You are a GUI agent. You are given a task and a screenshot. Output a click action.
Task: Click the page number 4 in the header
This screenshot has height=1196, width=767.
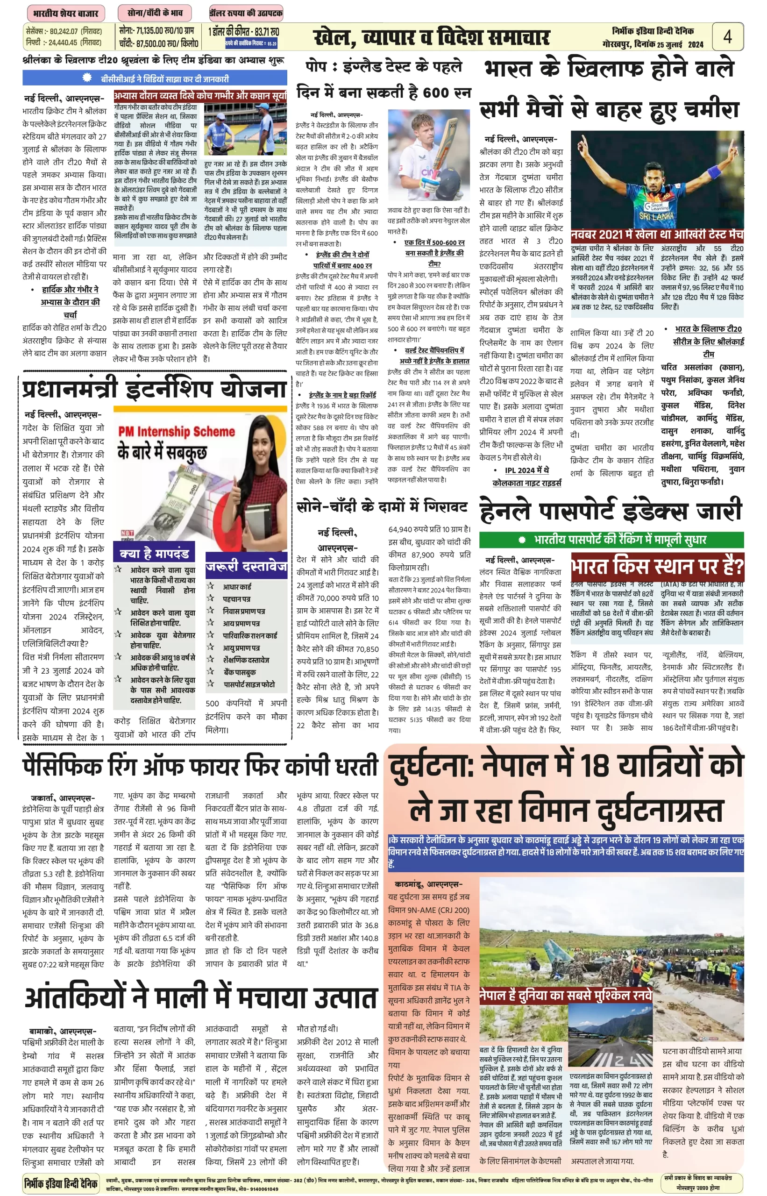pos(727,36)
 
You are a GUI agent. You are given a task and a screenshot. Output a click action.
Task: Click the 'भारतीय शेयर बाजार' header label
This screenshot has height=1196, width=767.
pos(65,14)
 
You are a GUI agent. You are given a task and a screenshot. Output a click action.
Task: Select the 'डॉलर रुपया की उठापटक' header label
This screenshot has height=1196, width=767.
pos(246,14)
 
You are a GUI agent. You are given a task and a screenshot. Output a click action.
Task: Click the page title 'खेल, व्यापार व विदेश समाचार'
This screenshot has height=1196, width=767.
pos(431,37)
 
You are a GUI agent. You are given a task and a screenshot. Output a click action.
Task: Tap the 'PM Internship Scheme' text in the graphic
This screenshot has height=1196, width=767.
pos(176,431)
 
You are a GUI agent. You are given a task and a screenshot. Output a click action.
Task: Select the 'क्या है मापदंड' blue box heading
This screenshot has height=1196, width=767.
pos(154,554)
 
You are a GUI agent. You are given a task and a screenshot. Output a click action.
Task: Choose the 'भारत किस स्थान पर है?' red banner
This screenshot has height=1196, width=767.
pos(657,566)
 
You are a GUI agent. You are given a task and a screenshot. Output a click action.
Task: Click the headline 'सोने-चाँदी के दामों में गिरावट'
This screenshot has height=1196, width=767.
pos(382,506)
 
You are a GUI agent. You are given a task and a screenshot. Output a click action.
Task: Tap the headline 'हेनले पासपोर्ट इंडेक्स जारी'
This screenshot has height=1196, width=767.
pos(611,511)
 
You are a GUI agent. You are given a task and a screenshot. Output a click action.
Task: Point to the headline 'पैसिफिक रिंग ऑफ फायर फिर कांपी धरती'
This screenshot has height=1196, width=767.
pos(200,766)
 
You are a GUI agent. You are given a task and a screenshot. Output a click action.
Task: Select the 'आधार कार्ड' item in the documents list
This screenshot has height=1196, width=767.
pos(236,587)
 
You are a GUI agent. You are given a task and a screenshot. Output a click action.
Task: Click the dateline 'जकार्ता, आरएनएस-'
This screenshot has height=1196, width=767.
pos(63,797)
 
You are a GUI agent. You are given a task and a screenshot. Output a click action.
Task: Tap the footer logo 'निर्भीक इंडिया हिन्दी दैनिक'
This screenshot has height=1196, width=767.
pos(61,1183)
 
